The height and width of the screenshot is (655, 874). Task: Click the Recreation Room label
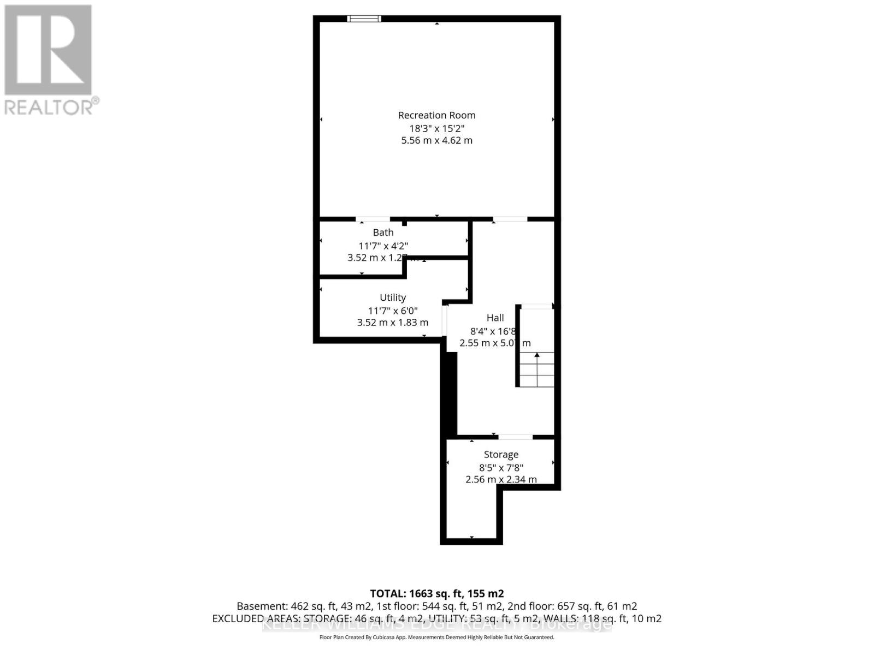click(x=436, y=115)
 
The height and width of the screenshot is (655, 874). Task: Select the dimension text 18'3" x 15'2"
click(x=436, y=128)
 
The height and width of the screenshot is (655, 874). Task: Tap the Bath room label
click(x=383, y=233)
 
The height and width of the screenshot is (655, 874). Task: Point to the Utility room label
click(x=393, y=297)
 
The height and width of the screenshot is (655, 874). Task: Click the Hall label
click(x=495, y=318)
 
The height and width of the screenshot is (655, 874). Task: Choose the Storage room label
click(x=501, y=455)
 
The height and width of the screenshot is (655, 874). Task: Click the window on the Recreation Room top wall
click(x=364, y=19)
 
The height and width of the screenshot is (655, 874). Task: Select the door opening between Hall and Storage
click(x=515, y=437)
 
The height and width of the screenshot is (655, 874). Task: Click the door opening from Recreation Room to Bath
click(x=373, y=219)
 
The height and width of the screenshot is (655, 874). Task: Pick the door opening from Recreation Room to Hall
click(x=510, y=219)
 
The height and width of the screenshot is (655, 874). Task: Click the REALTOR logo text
click(x=52, y=106)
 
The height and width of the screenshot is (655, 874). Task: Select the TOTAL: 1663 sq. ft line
click(x=436, y=593)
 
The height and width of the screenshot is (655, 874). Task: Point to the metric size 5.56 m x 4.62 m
click(x=436, y=140)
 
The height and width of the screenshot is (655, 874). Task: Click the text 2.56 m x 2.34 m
click(x=501, y=479)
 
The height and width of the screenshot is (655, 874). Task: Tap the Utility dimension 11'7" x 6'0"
click(x=393, y=311)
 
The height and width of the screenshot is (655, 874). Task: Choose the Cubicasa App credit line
click(x=436, y=637)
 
